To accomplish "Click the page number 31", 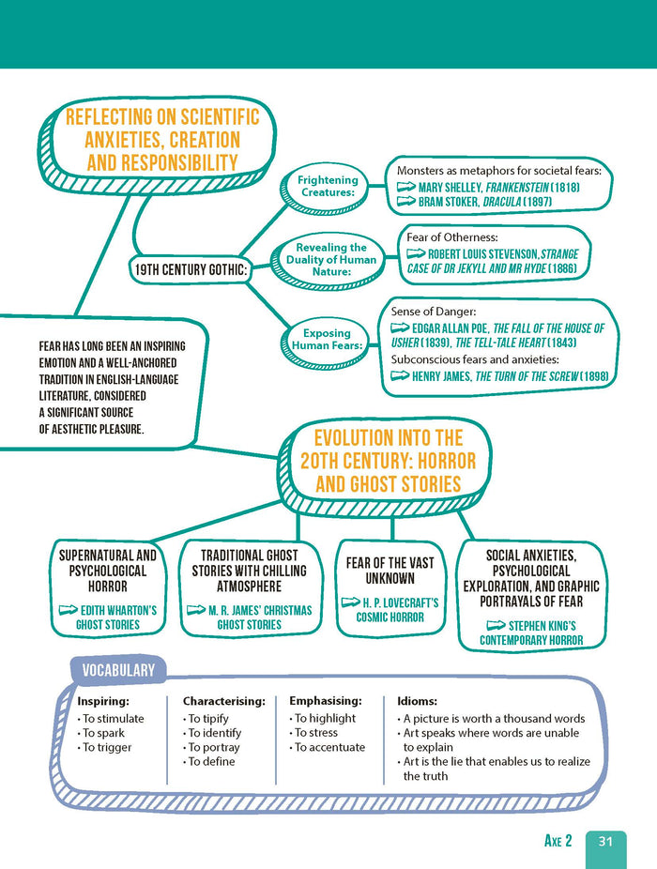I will click(x=605, y=842).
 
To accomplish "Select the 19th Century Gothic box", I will click(x=190, y=270).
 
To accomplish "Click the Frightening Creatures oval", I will click(x=328, y=186).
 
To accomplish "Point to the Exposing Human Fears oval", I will click(x=327, y=339).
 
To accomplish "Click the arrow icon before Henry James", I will click(x=400, y=376).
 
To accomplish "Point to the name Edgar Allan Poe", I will click(x=451, y=328).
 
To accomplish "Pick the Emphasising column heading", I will click(x=325, y=701).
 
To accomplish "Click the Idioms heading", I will click(x=417, y=701).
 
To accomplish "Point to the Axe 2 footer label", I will click(x=558, y=842).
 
